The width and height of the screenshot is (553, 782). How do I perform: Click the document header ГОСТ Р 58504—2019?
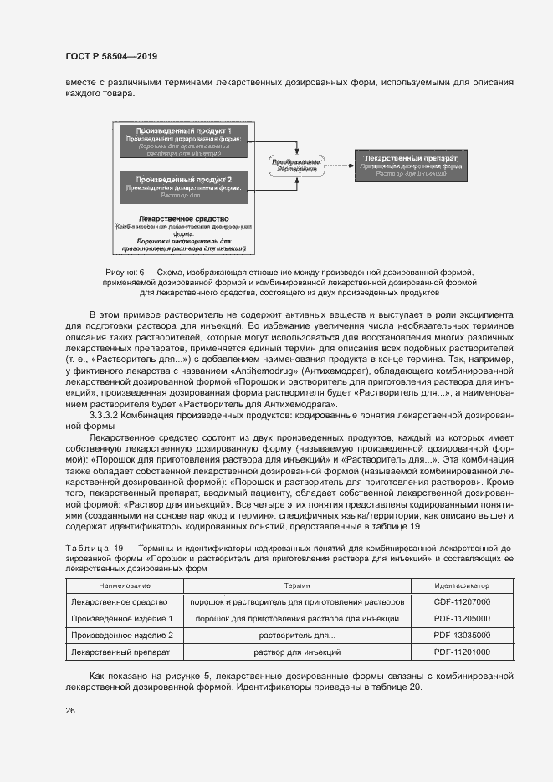click(x=110, y=56)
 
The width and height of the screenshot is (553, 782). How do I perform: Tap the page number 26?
click(x=69, y=711)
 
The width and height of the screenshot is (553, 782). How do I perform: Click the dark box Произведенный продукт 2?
click(x=184, y=187)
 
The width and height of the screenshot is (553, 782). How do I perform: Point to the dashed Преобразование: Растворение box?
click(x=296, y=165)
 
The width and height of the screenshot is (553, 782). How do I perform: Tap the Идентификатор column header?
click(x=462, y=585)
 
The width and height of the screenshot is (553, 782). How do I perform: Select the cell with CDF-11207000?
click(x=462, y=601)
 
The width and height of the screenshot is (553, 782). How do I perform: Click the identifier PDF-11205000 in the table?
click(x=462, y=618)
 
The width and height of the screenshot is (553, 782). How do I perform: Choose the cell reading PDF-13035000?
click(x=462, y=635)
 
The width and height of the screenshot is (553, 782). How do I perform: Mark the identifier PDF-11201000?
click(x=462, y=651)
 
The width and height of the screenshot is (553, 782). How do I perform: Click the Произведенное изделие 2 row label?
click(x=122, y=635)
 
